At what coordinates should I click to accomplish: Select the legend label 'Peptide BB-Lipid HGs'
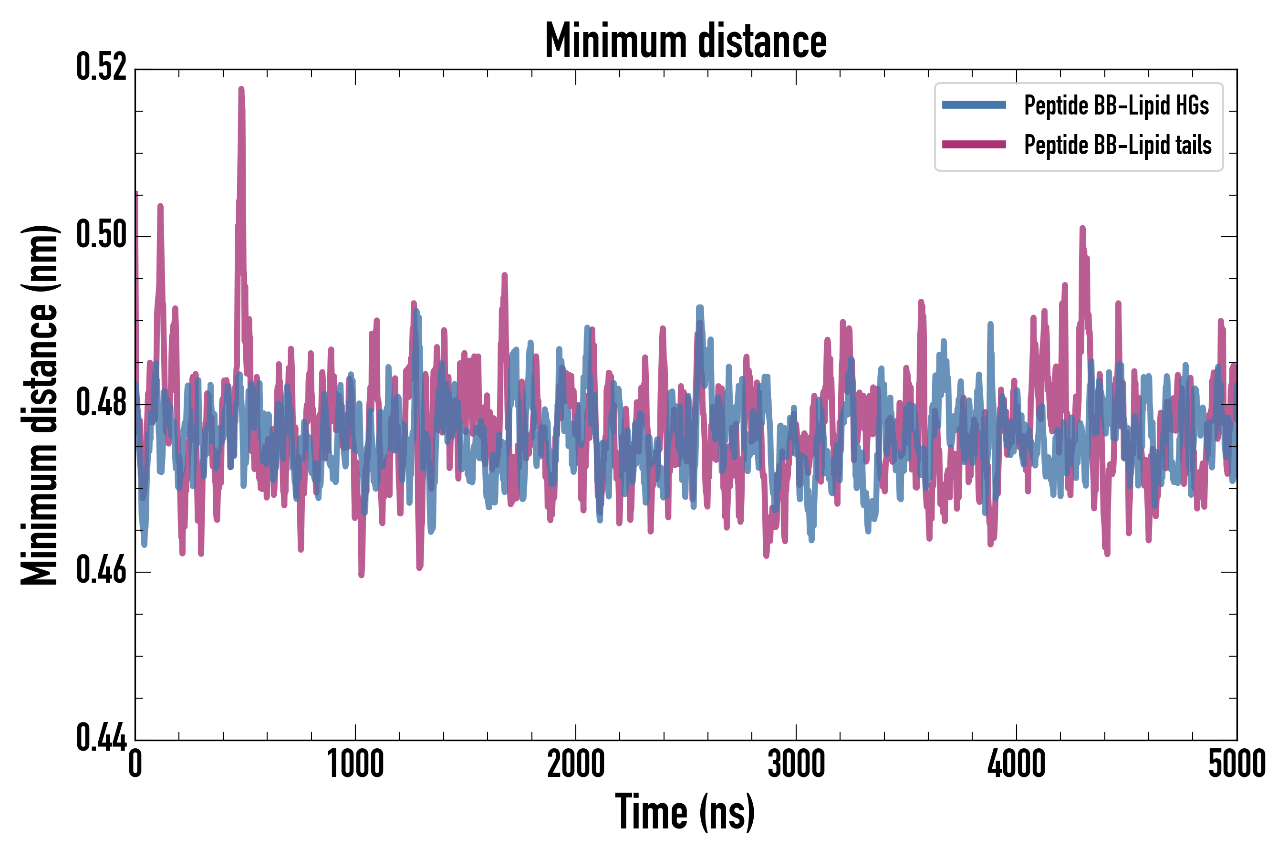pyautogui.click(x=1116, y=105)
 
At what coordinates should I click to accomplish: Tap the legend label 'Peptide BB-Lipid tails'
pyautogui.click(x=1117, y=145)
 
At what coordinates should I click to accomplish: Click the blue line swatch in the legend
pyautogui.click(x=974, y=105)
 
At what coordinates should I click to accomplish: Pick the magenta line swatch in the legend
pyautogui.click(x=974, y=145)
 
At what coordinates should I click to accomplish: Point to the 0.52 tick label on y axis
pyautogui.click(x=101, y=67)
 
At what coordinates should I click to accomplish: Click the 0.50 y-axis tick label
pyautogui.click(x=101, y=236)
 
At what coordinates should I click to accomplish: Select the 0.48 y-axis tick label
pyautogui.click(x=101, y=404)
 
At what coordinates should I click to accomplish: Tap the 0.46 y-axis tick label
pyautogui.click(x=101, y=571)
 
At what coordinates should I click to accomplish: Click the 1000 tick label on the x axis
pyautogui.click(x=355, y=764)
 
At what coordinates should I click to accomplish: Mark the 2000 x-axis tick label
pyautogui.click(x=576, y=764)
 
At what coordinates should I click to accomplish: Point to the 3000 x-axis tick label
pyautogui.click(x=796, y=764)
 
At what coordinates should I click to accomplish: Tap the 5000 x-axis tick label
pyautogui.click(x=1236, y=764)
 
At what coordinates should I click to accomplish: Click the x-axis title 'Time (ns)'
pyautogui.click(x=685, y=812)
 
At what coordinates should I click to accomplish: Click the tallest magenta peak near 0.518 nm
pyautogui.click(x=241, y=89)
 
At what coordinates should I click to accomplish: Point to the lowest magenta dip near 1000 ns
pyautogui.click(x=362, y=574)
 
